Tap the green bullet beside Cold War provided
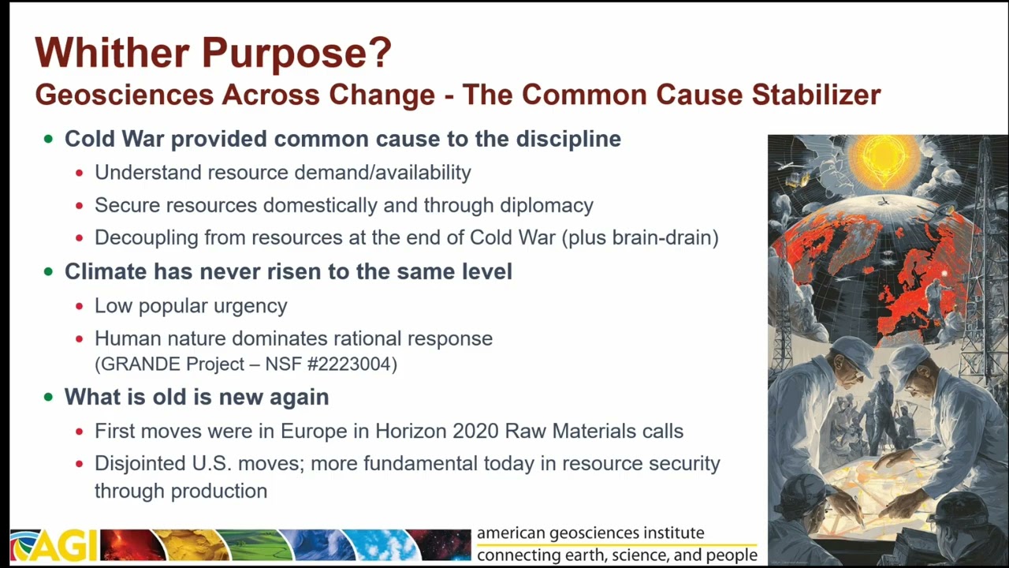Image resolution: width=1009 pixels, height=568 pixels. [49, 139]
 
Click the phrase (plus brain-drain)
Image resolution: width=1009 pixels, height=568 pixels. [640, 237]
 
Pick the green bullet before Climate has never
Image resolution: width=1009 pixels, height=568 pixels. [49, 271]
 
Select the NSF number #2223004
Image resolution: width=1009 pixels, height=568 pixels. [352, 364]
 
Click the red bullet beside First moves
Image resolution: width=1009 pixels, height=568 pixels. [80, 432]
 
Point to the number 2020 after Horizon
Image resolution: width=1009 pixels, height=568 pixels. [475, 431]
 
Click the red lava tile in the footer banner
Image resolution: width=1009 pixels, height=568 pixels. [133, 545]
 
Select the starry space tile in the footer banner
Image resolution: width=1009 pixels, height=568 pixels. [439, 545]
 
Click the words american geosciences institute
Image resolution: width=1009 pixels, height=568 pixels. [590, 532]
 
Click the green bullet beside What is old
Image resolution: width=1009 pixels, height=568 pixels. [49, 397]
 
